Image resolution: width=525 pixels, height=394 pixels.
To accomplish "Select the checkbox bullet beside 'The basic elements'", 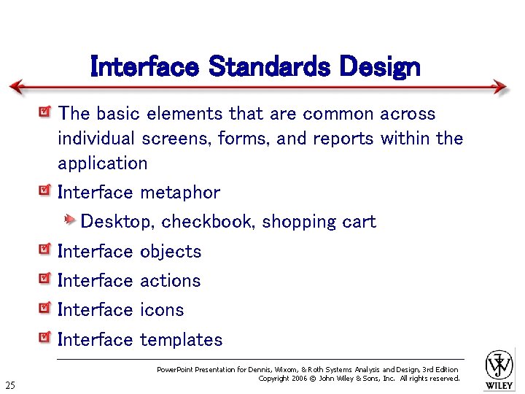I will point(45,113).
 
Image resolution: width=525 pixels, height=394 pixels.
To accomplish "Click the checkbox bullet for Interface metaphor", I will point(45,192).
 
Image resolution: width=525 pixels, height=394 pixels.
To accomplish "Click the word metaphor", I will point(179,193).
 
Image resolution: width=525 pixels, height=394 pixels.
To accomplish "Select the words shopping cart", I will point(319,222).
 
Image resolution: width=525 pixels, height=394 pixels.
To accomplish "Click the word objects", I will point(170,252).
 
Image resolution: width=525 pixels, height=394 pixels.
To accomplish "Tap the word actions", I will point(170,281).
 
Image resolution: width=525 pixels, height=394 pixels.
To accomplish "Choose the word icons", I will point(161,310).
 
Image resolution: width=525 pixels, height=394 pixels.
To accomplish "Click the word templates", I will point(181,340).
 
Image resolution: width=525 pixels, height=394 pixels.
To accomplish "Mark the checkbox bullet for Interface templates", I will point(45,338).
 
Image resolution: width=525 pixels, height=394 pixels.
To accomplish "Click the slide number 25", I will point(10,385).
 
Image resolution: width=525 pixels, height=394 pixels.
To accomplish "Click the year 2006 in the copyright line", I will point(300,379).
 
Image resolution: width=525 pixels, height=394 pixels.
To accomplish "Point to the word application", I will point(103,163).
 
